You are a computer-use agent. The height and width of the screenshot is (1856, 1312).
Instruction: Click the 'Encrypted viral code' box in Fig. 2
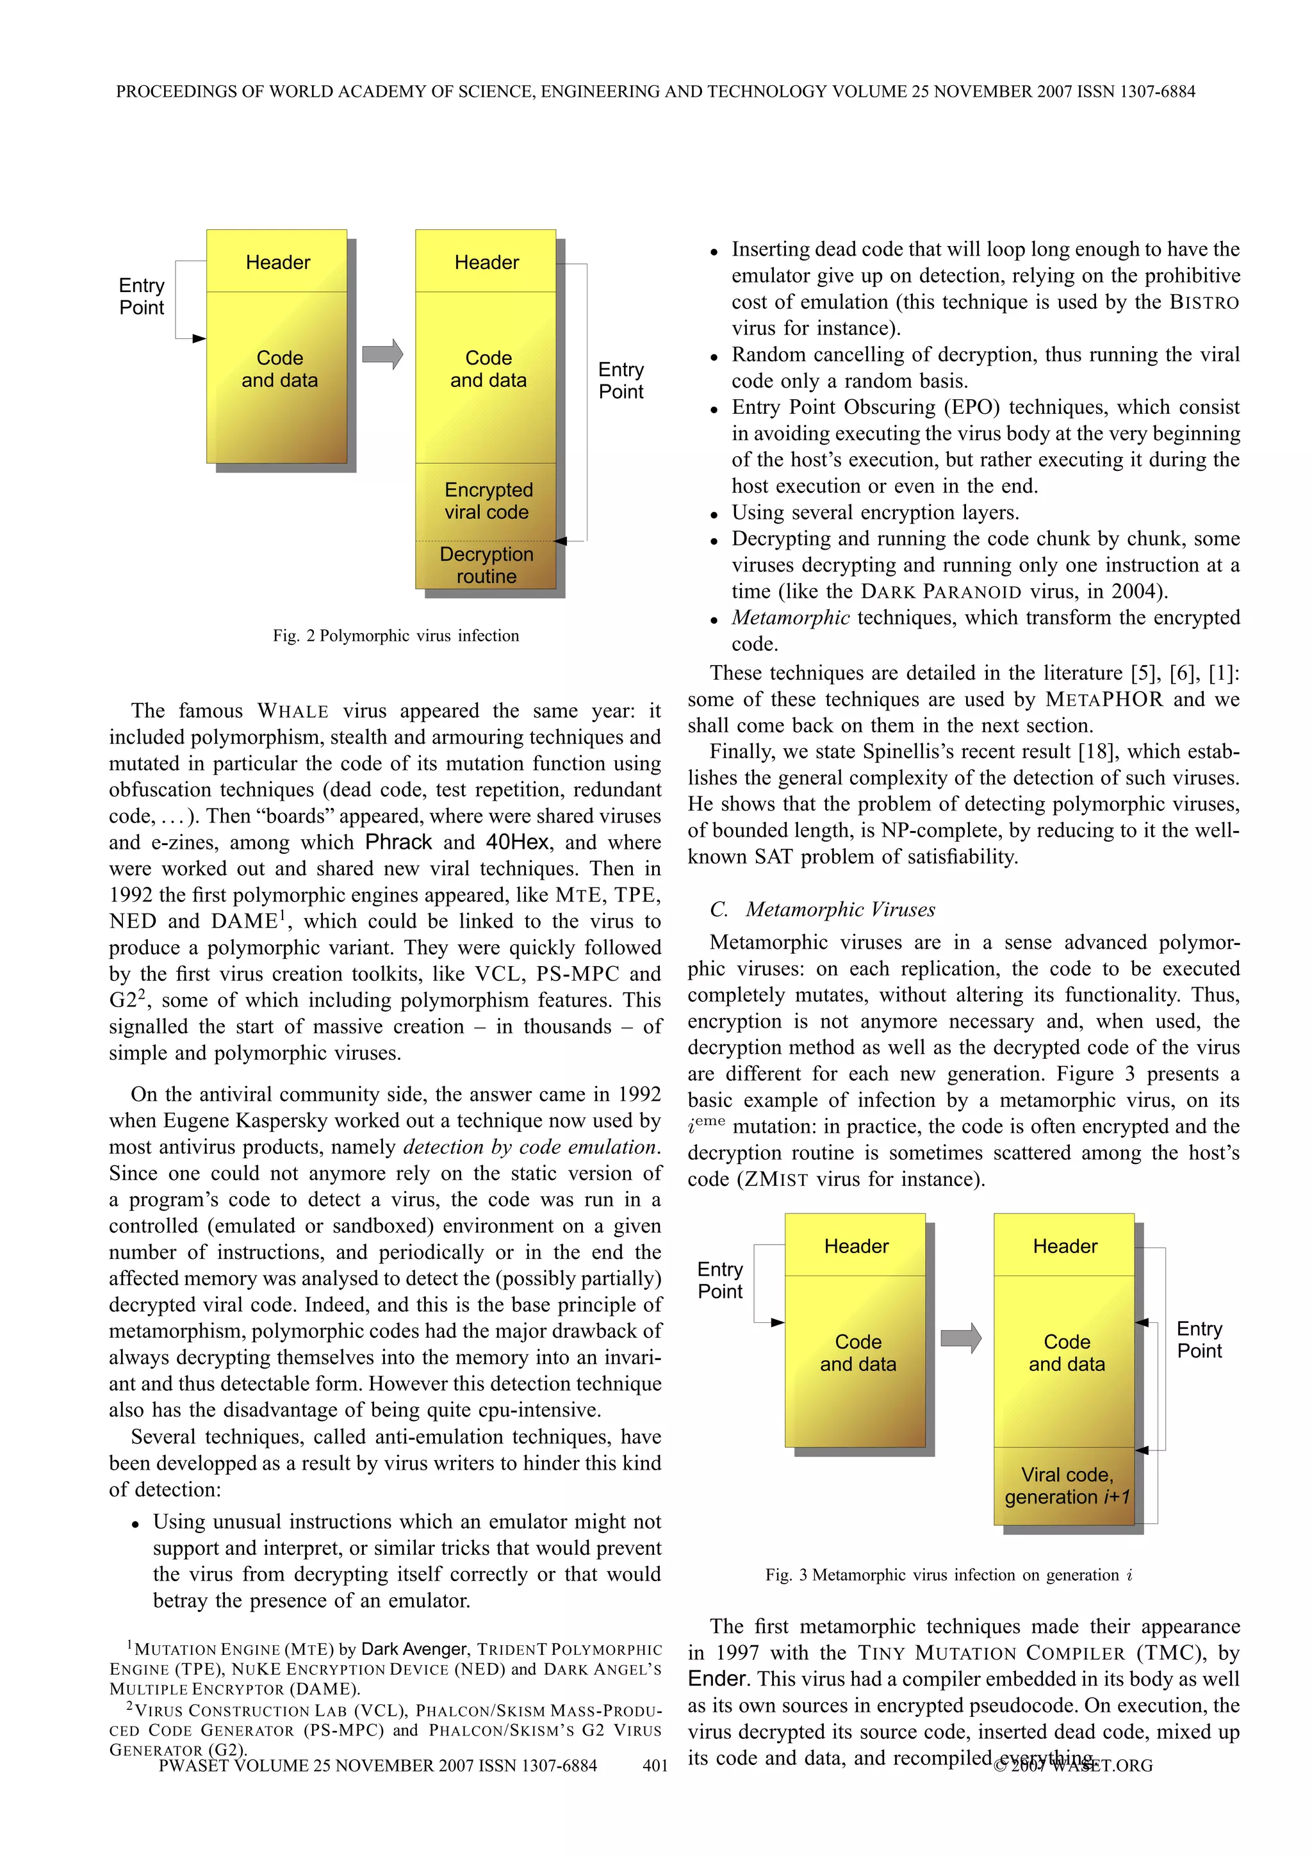click(x=487, y=500)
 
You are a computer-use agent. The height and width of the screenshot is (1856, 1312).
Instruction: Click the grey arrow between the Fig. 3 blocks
click(x=960, y=1338)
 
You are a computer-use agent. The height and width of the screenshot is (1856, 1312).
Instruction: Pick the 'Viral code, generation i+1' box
click(x=1066, y=1485)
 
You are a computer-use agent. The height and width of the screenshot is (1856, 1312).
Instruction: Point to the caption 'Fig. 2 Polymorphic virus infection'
click(x=395, y=636)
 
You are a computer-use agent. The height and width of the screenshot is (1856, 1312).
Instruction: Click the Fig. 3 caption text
click(x=948, y=1575)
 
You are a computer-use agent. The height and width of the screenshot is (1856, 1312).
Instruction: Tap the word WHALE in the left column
click(x=293, y=711)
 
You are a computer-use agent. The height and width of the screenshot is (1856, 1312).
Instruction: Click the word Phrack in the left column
click(x=398, y=842)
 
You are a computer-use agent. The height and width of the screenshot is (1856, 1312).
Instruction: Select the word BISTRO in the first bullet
click(x=1204, y=302)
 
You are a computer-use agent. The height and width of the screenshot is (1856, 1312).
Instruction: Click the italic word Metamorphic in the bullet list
click(x=790, y=618)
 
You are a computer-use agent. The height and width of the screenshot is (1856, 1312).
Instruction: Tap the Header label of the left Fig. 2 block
click(x=277, y=262)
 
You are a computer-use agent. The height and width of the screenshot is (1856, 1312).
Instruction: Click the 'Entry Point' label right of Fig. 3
click(x=1199, y=1340)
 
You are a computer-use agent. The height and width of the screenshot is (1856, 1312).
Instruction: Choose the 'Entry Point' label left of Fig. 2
click(x=142, y=296)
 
